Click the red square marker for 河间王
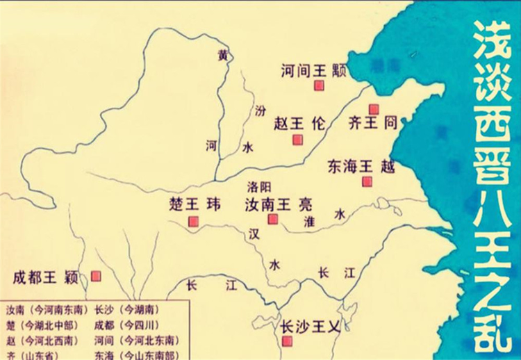320,85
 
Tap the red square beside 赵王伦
297,140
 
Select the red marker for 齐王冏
374,108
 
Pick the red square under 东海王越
367,182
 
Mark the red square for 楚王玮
193,222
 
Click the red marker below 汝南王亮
273,219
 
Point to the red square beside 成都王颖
95,276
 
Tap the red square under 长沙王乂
287,339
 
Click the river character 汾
260,111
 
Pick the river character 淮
310,222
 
